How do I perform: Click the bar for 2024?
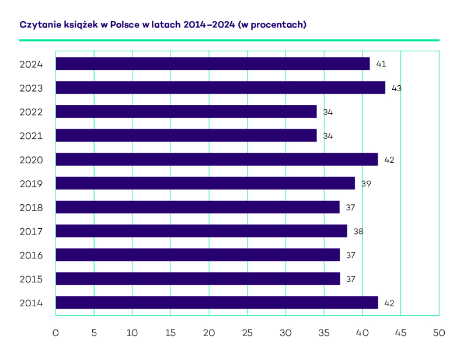click(212, 64)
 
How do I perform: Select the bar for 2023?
click(220, 88)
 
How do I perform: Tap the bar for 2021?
click(186, 135)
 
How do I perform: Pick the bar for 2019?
click(205, 183)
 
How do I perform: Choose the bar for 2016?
click(197, 255)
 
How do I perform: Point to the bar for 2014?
click(217, 303)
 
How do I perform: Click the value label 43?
click(397, 88)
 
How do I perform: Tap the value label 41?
click(381, 64)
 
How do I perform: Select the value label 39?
click(366, 184)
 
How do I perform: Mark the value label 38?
click(358, 232)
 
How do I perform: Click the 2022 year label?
click(31, 111)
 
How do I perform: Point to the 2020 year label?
click(31, 159)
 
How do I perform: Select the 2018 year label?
click(31, 207)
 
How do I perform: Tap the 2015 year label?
click(31, 279)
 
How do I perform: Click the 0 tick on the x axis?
click(55, 333)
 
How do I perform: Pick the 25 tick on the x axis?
click(247, 333)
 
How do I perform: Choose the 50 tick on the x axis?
click(438, 333)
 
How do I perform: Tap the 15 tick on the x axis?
click(170, 333)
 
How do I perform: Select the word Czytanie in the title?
click(39, 25)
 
